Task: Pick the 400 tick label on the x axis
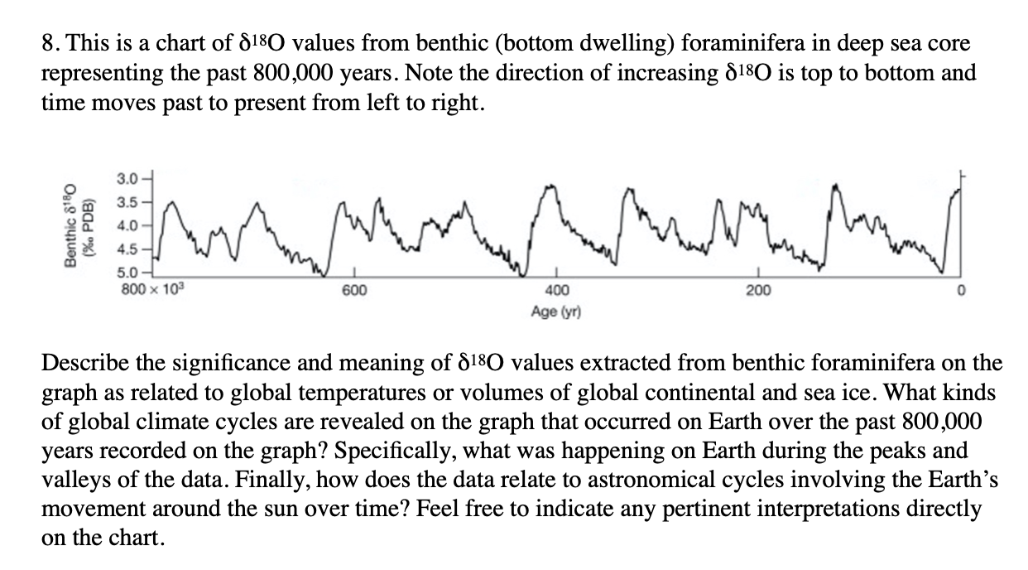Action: (x=556, y=291)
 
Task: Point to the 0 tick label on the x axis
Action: (x=961, y=291)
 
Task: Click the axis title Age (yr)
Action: (x=556, y=312)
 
